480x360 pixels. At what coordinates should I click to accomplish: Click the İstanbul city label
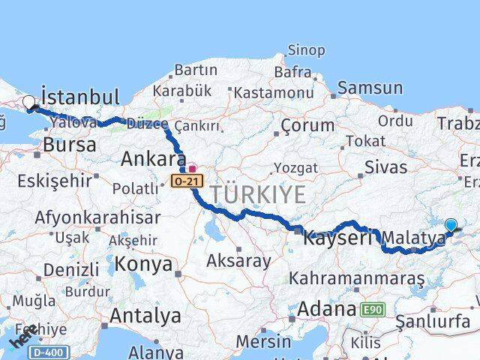(x=80, y=97)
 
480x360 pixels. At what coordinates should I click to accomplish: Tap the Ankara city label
(x=154, y=160)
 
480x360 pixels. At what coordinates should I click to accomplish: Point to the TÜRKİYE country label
(x=258, y=195)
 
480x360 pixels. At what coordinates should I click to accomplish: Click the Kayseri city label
(x=337, y=238)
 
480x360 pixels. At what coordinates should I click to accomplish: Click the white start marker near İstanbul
(x=29, y=103)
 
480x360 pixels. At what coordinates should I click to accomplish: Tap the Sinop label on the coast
(x=306, y=51)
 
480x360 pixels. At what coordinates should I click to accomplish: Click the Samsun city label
(x=370, y=88)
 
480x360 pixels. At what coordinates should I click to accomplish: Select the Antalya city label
(x=145, y=316)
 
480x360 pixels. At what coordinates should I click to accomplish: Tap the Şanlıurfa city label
(x=433, y=322)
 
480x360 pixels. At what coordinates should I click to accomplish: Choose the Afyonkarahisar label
(x=97, y=218)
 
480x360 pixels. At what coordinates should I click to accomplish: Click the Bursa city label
(x=69, y=145)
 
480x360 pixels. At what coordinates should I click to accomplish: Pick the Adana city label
(x=326, y=308)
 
